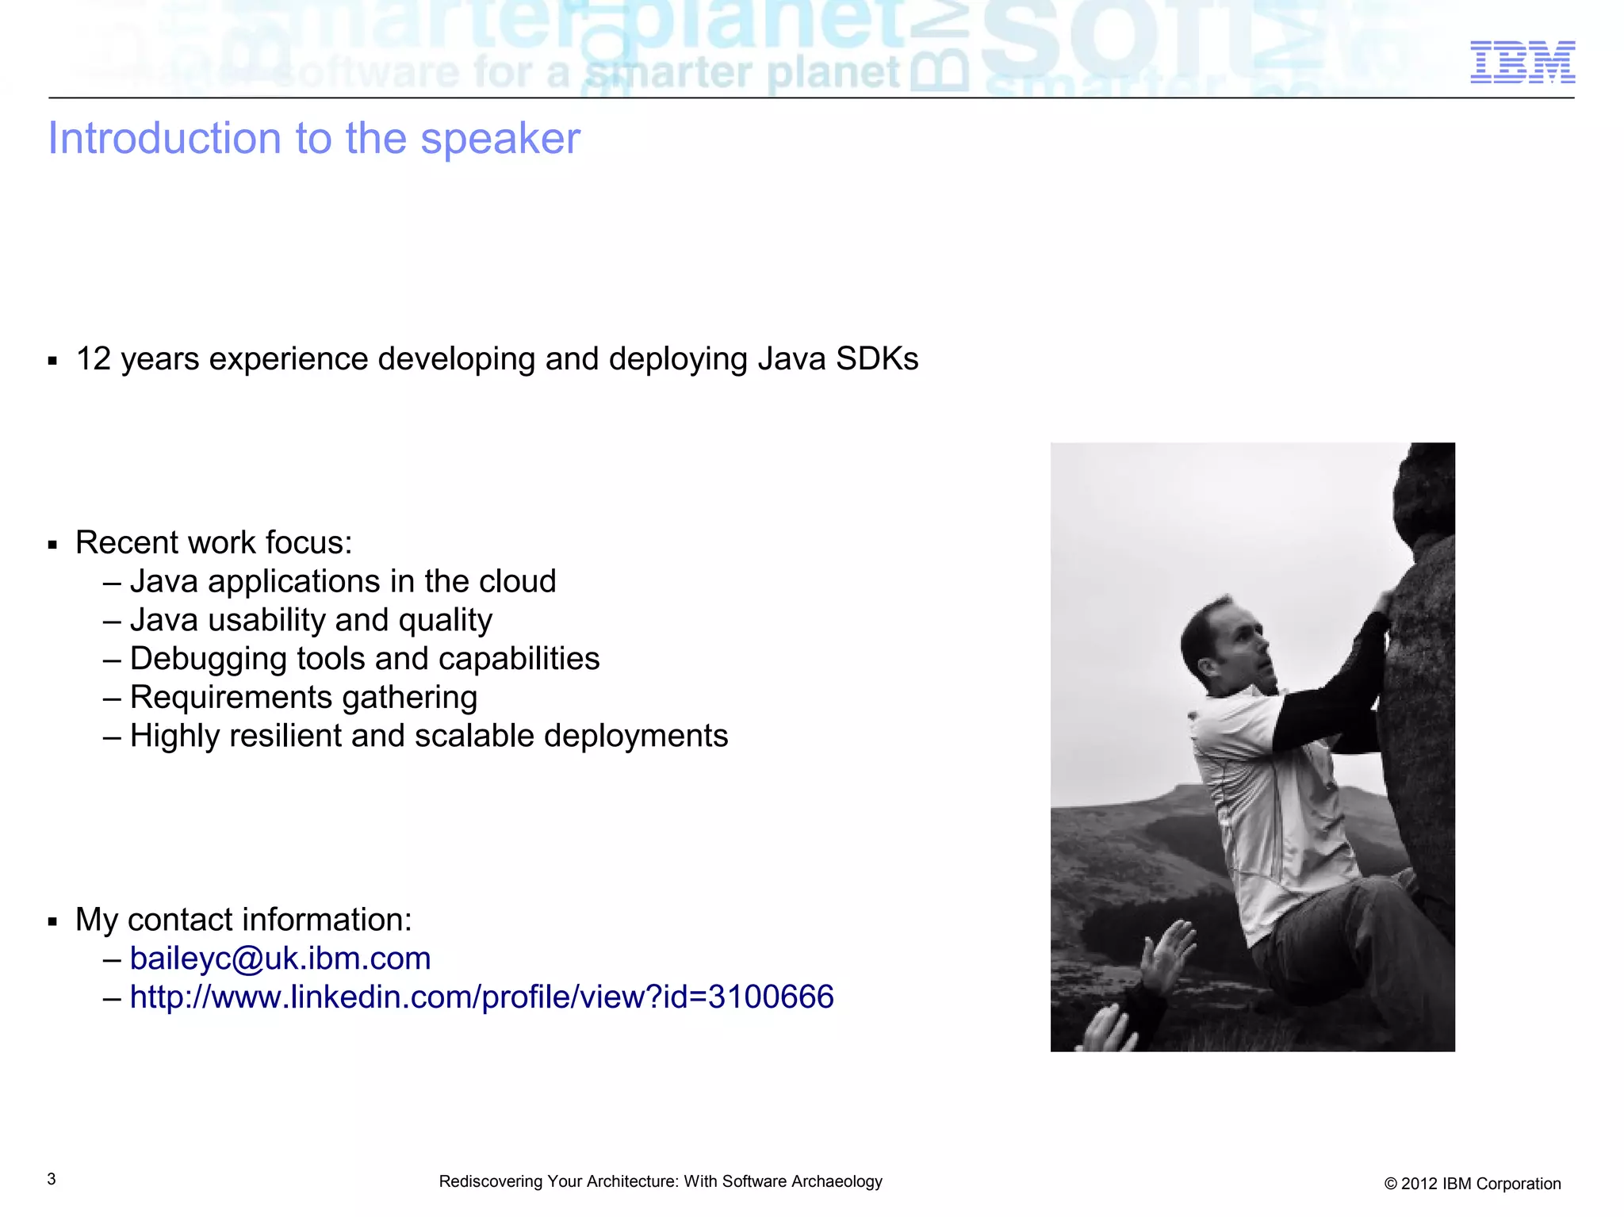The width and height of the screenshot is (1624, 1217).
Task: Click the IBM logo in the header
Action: (x=1522, y=62)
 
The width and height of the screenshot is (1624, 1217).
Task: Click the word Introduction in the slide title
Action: (x=164, y=139)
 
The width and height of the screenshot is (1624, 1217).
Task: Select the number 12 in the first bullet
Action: (x=93, y=359)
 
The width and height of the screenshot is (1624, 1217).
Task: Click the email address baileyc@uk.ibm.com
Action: (x=280, y=959)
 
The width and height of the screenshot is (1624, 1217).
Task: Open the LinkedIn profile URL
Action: (x=481, y=997)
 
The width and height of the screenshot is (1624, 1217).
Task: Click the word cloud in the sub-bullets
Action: (x=517, y=581)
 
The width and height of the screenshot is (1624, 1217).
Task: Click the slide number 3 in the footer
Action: (x=52, y=1179)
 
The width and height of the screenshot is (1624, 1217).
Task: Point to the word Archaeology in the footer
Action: (x=837, y=1181)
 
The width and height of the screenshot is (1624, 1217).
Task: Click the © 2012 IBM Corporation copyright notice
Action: (x=1472, y=1184)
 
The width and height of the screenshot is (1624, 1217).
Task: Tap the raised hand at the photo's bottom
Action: (x=1166, y=955)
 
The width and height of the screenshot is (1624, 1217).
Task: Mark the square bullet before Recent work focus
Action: (x=52, y=545)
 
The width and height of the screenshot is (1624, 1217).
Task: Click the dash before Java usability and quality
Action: (x=112, y=621)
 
